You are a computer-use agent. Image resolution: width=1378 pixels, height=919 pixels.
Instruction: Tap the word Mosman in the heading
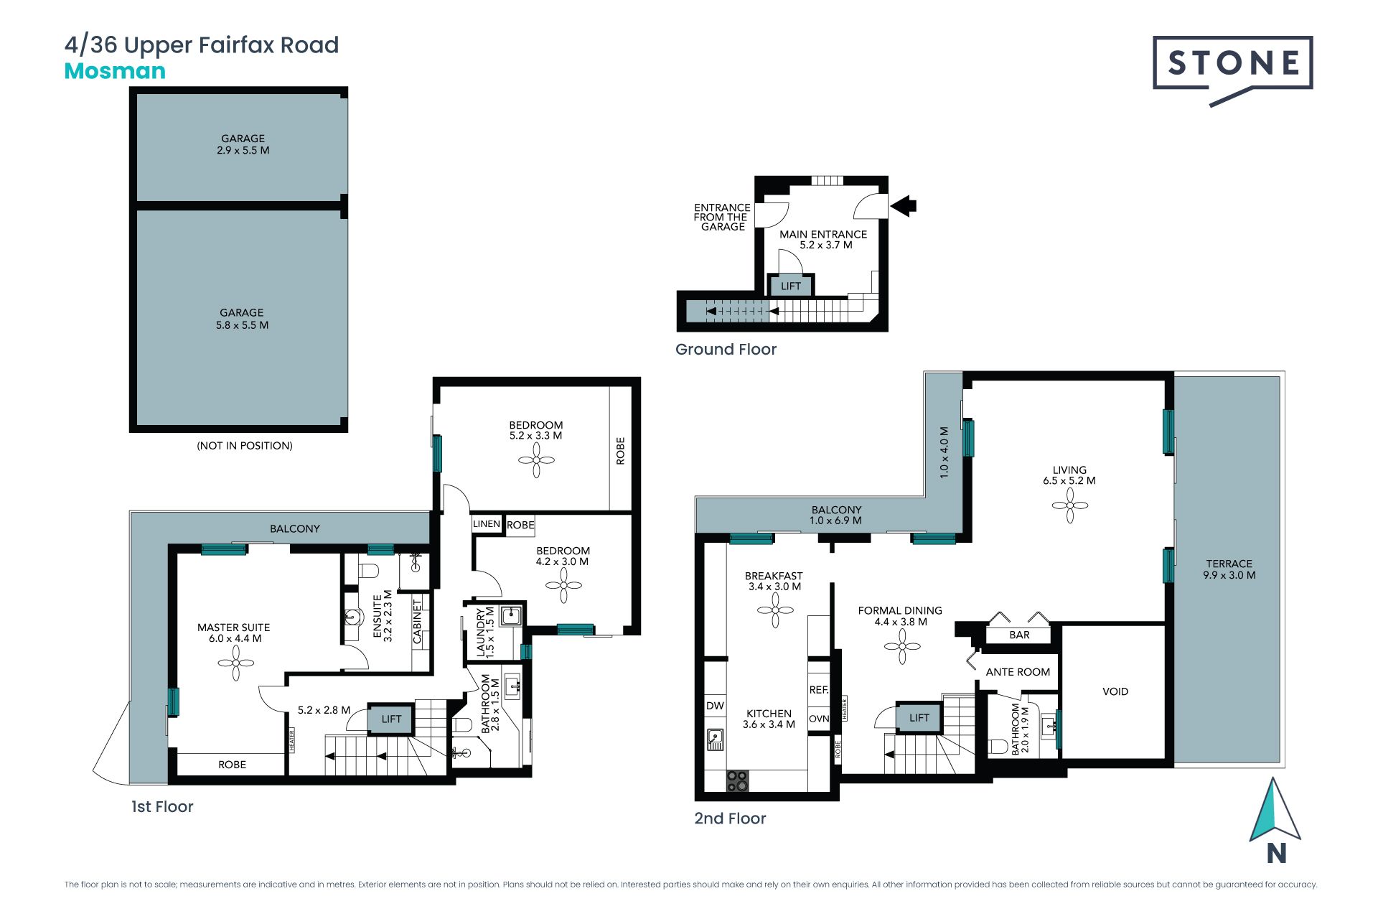pos(115,71)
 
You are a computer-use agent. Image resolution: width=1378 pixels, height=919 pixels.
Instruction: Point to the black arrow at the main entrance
pos(904,206)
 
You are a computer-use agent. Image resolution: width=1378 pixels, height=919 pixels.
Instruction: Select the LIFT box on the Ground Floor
pos(791,286)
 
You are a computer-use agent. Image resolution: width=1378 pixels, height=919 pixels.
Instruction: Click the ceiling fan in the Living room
pos(1070,505)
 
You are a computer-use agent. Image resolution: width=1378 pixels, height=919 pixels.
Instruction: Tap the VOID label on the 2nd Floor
pos(1115,691)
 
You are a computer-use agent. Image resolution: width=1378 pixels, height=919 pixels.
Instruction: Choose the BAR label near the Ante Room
pos(1019,635)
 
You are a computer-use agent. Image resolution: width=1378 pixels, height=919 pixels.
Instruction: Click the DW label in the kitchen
pos(715,706)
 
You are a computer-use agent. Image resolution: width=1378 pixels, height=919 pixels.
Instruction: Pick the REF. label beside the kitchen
pos(819,690)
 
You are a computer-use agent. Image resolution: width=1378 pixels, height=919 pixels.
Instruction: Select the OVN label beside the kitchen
pos(819,719)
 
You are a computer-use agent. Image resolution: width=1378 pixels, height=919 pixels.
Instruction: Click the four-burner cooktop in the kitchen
pos(737,781)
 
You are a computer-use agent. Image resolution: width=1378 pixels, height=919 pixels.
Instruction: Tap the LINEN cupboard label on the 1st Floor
pos(487,524)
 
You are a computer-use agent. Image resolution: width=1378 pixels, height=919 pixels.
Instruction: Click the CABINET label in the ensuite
pos(418,621)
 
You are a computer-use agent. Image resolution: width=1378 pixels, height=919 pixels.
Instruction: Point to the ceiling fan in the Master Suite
pos(236,663)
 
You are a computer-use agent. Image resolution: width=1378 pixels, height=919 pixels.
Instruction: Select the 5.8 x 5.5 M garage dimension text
pos(243,325)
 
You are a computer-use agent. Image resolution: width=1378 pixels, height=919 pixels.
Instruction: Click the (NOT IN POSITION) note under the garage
pos(245,446)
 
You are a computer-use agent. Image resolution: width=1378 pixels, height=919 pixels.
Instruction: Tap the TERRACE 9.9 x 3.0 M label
pos(1229,569)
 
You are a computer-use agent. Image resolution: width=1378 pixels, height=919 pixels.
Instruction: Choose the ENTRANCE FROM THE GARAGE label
pos(722,217)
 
